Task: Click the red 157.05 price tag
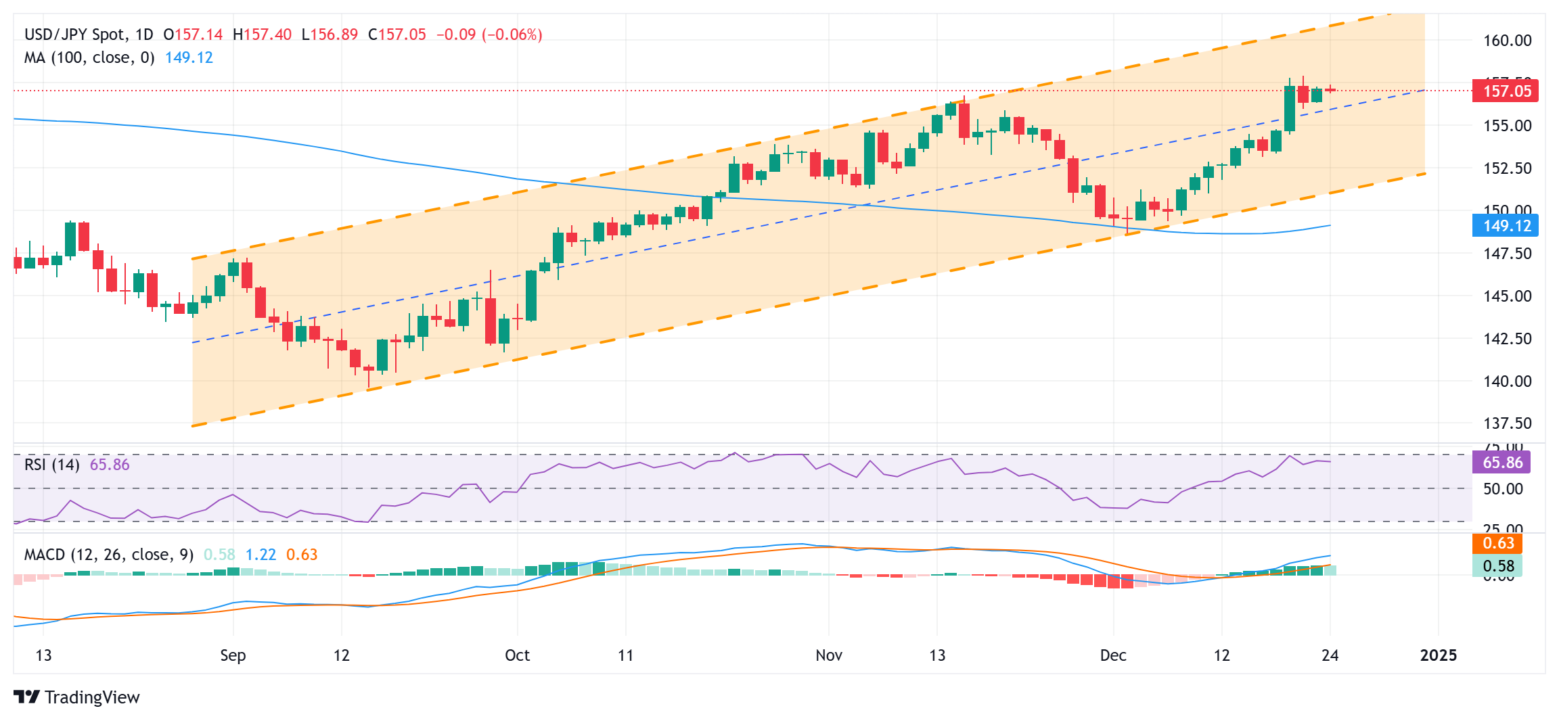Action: (x=1506, y=91)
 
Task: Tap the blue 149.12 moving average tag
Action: (x=1506, y=226)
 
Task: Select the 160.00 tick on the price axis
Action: (x=1507, y=41)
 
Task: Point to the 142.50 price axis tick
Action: (x=1507, y=339)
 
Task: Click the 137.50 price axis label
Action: (x=1507, y=423)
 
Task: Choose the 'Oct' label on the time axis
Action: (x=518, y=655)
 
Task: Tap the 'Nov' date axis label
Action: (x=829, y=655)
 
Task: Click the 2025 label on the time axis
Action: (x=1439, y=655)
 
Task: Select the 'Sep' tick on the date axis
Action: (x=233, y=655)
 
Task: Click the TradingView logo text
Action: (x=92, y=697)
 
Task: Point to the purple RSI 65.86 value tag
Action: (x=1502, y=463)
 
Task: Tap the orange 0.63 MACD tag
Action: (x=1498, y=544)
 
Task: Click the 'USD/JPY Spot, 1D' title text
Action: (x=89, y=34)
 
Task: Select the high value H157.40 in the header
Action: (x=262, y=34)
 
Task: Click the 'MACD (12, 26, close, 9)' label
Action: (x=109, y=555)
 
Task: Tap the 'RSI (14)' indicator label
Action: (x=52, y=465)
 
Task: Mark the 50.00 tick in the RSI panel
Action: (x=1503, y=489)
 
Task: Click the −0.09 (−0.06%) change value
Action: (x=489, y=34)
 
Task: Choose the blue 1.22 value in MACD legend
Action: (x=261, y=555)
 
